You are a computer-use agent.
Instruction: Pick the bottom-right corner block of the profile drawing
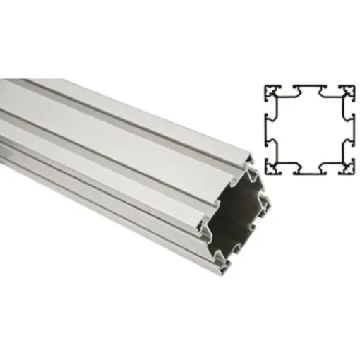[x=349, y=167]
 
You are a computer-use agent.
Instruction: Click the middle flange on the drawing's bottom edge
[x=311, y=170]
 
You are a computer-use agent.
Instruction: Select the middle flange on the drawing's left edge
[x=269, y=129]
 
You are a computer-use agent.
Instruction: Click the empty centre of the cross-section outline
[x=311, y=129]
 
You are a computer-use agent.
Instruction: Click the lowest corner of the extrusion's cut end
[x=224, y=269]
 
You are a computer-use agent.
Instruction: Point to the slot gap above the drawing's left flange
[x=270, y=109]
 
